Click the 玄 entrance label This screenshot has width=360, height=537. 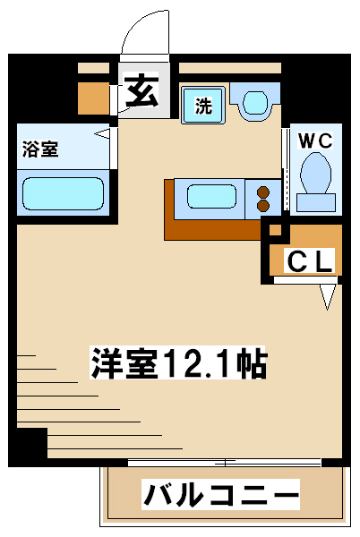tap(141, 91)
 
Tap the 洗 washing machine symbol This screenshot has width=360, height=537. tap(203, 105)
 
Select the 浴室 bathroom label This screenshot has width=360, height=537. tap(40, 149)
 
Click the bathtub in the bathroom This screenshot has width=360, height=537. tap(63, 193)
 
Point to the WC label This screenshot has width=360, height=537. tap(315, 141)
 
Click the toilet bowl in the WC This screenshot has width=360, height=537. tap(315, 173)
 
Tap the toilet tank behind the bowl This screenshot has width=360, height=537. tap(316, 202)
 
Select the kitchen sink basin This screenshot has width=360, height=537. tap(211, 197)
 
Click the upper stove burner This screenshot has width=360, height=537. tap(263, 192)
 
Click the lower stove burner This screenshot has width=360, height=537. tap(263, 206)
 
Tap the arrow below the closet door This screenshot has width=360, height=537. tap(328, 297)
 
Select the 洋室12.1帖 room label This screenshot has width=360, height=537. tap(178, 362)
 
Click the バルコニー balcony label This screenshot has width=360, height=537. tap(220, 494)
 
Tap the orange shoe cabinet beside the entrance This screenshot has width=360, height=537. tap(93, 98)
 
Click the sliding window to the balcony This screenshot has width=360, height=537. tap(225, 463)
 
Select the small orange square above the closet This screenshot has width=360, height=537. tap(275, 230)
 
